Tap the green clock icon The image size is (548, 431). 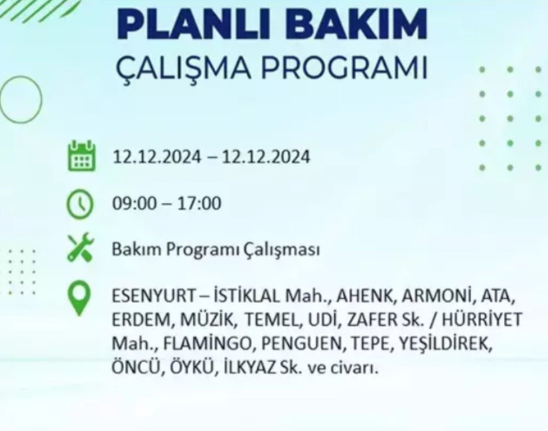pyautogui.click(x=80, y=203)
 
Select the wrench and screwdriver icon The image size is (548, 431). pyautogui.click(x=81, y=249)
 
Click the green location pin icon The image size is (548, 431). pyautogui.click(x=81, y=298)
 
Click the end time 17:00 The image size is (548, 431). pyautogui.click(x=199, y=203)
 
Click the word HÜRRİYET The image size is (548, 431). pyautogui.click(x=485, y=319)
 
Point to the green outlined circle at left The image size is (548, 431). pyautogui.click(x=20, y=100)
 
